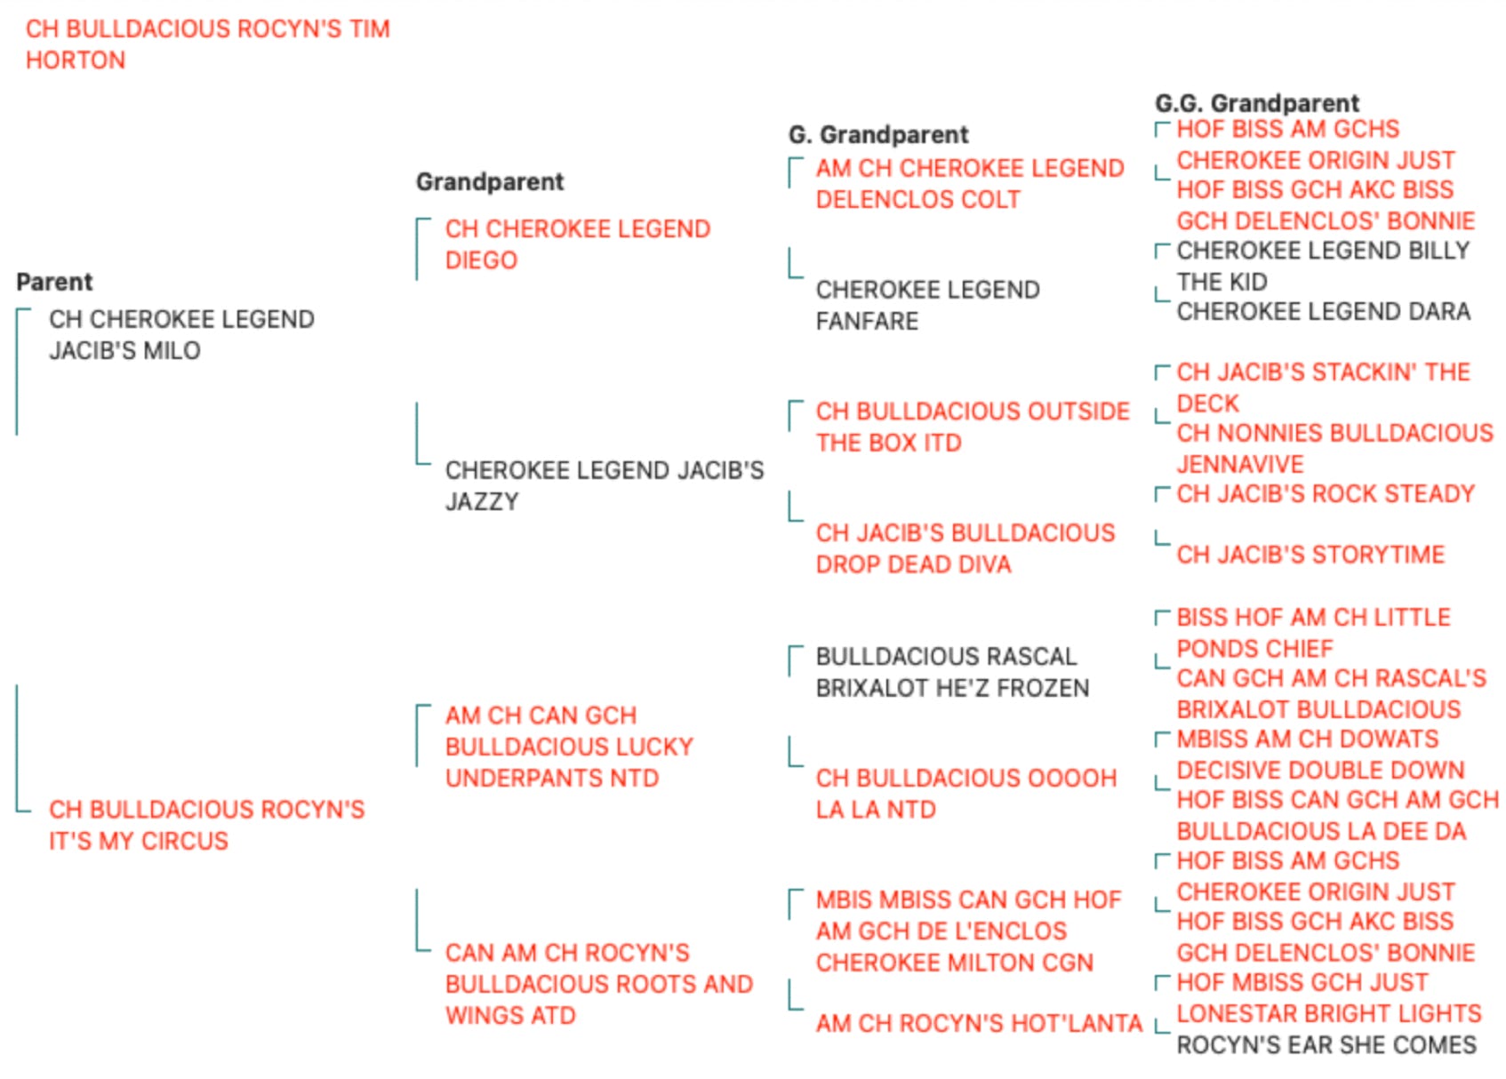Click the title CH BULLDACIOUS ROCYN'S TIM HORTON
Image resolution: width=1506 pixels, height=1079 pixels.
click(208, 44)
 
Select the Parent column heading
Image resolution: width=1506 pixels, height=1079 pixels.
click(54, 282)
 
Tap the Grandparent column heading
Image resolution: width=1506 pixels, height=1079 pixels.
click(490, 181)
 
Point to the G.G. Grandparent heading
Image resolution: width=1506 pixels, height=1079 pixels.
click(1256, 103)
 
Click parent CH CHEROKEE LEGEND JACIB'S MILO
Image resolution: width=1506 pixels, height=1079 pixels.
click(181, 335)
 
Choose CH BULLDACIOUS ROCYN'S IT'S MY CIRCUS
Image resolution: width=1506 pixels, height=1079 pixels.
click(207, 825)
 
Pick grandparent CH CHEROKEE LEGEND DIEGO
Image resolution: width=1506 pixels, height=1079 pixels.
click(578, 244)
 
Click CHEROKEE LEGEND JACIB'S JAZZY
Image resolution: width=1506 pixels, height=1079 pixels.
click(605, 485)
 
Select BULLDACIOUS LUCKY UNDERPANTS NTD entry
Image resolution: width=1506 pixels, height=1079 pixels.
click(569, 747)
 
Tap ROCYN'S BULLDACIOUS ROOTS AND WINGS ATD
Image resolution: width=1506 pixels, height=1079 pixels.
click(599, 984)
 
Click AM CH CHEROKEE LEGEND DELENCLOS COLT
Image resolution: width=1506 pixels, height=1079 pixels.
click(970, 183)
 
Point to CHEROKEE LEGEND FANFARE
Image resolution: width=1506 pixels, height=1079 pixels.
click(928, 305)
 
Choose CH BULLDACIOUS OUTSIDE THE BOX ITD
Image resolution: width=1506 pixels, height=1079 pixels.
click(973, 427)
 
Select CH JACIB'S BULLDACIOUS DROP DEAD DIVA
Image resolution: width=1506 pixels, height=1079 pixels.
click(965, 548)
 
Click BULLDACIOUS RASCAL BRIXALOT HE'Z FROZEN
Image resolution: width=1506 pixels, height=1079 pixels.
click(953, 672)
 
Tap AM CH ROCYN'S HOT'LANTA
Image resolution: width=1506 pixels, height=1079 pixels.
click(979, 1023)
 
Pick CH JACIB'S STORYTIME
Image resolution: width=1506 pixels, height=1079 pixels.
click(1310, 555)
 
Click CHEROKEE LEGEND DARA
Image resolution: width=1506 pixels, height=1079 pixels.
click(1324, 311)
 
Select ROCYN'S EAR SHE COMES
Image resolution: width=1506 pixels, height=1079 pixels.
click(1326, 1044)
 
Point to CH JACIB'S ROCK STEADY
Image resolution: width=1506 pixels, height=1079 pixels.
click(1326, 493)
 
